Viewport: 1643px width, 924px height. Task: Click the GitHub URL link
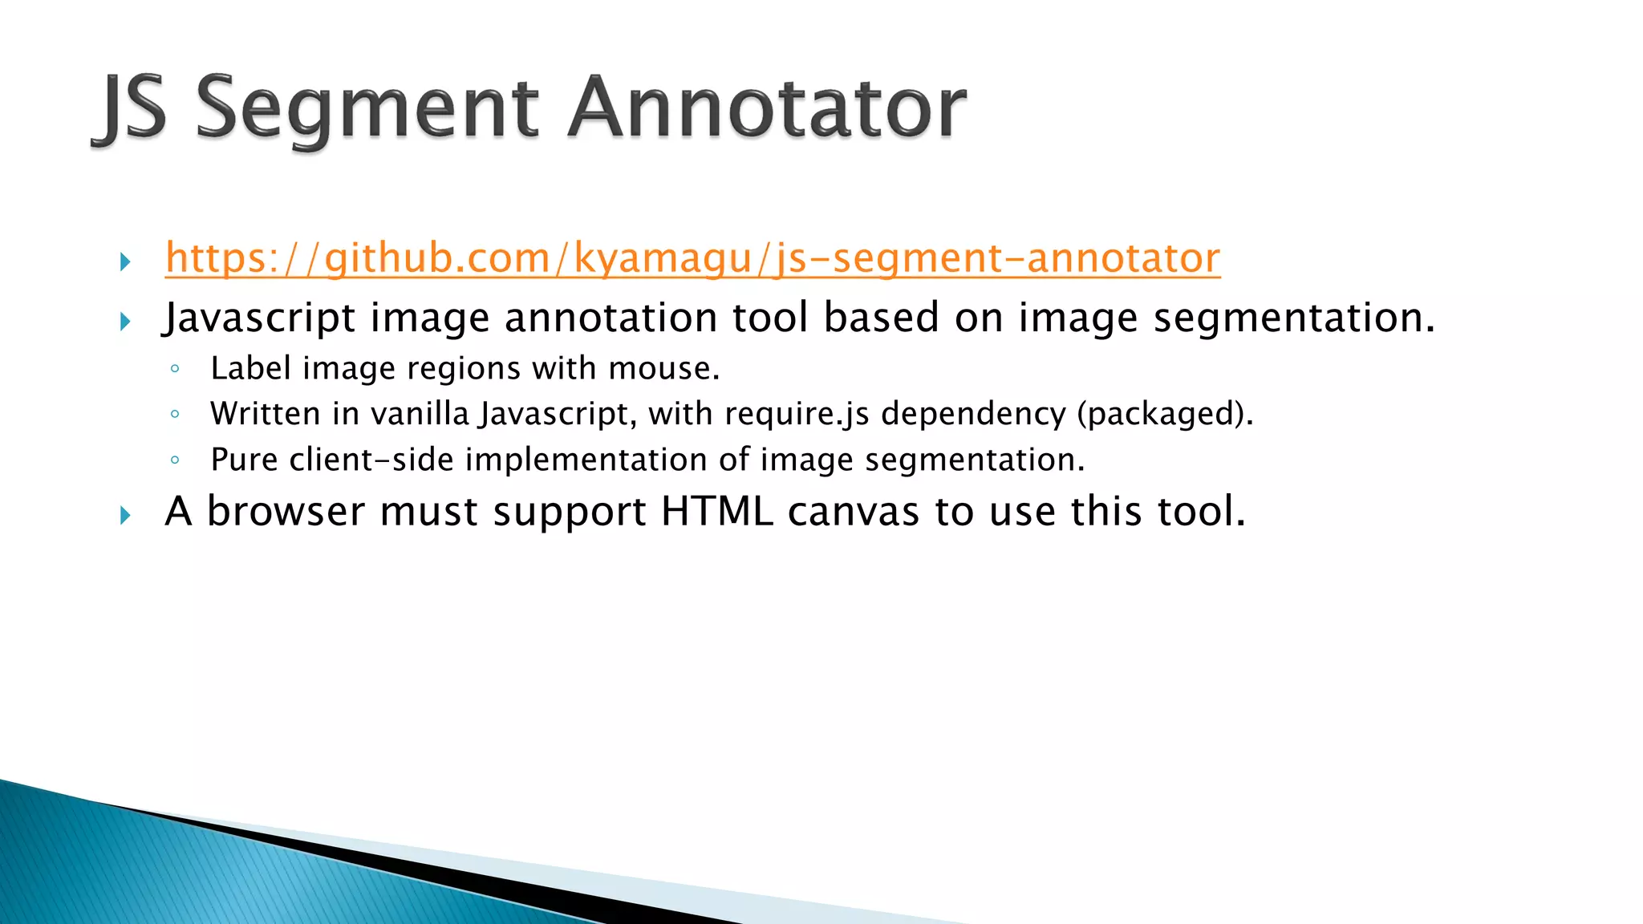click(692, 258)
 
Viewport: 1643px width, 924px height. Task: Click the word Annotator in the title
click(767, 108)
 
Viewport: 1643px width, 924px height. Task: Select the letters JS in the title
click(132, 108)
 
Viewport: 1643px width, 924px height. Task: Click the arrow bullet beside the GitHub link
click(125, 261)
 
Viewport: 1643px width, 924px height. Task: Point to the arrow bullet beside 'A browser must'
click(125, 515)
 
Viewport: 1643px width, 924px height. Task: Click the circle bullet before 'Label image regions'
click(175, 369)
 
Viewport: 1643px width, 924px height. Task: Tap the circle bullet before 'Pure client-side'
click(175, 460)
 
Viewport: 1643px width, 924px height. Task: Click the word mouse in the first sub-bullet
click(663, 369)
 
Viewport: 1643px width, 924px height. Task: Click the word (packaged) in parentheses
click(1164, 414)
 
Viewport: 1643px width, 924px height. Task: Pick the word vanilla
click(420, 414)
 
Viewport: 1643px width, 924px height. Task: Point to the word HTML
click(717, 512)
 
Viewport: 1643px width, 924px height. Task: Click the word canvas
click(853, 512)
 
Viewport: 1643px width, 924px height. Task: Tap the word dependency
click(973, 414)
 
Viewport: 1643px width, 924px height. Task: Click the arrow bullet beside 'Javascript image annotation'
click(125, 322)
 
